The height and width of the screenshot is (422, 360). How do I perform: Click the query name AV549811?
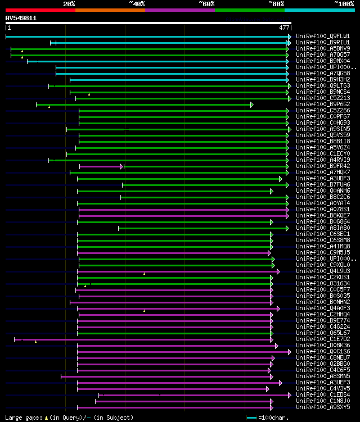click(21, 18)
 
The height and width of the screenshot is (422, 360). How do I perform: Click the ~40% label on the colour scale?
click(137, 4)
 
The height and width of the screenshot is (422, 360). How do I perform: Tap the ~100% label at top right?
click(344, 4)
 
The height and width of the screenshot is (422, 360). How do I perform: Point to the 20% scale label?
click(69, 4)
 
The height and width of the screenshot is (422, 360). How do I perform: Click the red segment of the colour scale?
click(40, 10)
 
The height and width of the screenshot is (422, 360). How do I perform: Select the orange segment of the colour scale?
click(110, 10)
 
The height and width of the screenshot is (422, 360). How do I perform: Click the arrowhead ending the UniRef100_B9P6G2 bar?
click(252, 105)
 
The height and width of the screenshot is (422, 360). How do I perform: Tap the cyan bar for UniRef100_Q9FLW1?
click(146, 37)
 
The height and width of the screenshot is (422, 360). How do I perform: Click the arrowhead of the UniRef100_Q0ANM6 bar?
click(271, 191)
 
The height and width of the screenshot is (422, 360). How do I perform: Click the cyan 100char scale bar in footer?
click(251, 418)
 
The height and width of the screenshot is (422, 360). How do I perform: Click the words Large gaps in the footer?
click(22, 418)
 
